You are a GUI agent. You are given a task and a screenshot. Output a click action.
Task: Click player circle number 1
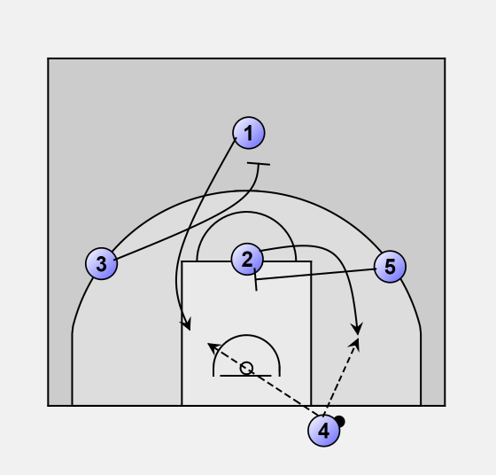tap(249, 133)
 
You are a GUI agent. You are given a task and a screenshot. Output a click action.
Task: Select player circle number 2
tap(247, 259)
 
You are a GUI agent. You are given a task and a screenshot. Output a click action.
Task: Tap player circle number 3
tap(102, 263)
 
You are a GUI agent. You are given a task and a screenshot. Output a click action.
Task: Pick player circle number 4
tap(324, 431)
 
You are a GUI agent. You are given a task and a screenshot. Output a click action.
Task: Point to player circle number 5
tap(390, 267)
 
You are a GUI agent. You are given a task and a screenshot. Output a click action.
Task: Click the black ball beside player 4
tap(340, 421)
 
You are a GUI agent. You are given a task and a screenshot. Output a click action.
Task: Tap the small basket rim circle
tap(246, 368)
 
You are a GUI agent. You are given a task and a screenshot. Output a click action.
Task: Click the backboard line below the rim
tap(245, 376)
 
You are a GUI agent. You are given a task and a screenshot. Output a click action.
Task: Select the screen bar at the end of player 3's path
tap(259, 164)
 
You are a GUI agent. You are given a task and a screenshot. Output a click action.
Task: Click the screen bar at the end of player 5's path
tap(256, 279)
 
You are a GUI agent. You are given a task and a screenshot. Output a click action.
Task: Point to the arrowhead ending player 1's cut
tap(187, 325)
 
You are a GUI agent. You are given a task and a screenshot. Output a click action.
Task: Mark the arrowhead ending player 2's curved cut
tap(358, 330)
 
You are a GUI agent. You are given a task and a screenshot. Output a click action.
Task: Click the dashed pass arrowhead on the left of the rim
tap(213, 347)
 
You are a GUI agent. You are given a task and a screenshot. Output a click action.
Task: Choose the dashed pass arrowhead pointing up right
tap(355, 343)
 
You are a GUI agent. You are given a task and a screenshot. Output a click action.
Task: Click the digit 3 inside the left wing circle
tap(102, 264)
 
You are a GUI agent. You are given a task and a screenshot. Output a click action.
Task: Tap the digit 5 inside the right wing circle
tap(390, 267)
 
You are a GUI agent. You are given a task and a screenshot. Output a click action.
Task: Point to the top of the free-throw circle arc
tap(246, 212)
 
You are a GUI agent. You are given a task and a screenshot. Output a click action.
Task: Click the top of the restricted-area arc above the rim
tap(246, 335)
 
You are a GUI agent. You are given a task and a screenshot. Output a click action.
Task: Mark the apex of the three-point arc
tap(246, 191)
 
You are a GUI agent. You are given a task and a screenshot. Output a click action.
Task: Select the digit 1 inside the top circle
tap(249, 133)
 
